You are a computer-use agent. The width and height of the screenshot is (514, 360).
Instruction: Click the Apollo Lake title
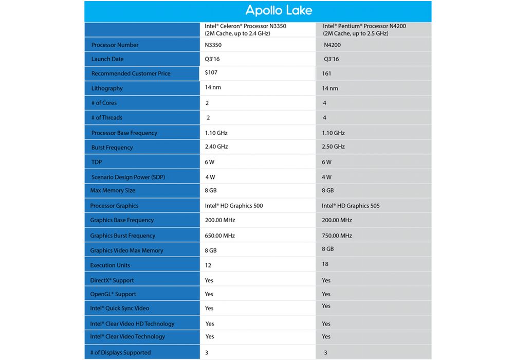279,10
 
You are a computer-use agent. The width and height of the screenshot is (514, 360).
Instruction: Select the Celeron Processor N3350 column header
245,29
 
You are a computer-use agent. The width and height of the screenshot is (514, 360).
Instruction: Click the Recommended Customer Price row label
131,74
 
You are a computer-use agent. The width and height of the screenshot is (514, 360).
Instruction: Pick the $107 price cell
211,73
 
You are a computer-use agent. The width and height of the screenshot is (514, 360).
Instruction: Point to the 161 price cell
326,74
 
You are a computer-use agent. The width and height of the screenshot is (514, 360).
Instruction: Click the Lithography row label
107,88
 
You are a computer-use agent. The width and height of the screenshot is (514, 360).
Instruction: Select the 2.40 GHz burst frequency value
216,147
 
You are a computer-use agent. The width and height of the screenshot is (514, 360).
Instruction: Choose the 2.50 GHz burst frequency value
333,147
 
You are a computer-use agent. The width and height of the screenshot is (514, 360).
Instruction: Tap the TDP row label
97,162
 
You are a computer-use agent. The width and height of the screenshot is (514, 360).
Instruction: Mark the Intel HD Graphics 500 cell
233,206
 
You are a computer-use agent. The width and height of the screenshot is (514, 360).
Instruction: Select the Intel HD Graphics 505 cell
351,206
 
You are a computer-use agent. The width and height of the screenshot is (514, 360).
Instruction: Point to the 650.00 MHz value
219,236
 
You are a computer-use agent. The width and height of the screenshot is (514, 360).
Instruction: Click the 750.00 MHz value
337,236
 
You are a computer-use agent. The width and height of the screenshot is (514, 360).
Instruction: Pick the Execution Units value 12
208,265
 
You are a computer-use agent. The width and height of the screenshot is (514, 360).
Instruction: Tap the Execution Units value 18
325,264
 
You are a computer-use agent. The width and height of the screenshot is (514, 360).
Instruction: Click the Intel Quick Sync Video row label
120,309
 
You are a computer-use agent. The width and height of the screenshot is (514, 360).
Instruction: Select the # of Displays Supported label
121,353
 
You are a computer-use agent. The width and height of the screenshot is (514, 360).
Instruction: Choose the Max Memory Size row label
113,191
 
